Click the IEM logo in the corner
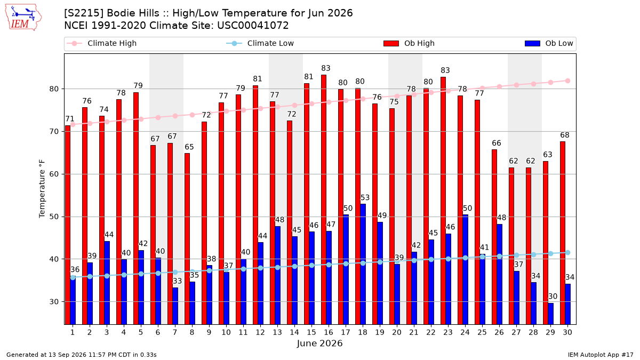[23, 18]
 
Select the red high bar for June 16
[324, 199]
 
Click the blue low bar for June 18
[363, 265]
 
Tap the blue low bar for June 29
[550, 314]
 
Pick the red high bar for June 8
[187, 239]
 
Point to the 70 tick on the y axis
[54, 132]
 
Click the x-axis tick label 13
[277, 333]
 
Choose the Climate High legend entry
[101, 43]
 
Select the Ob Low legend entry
[549, 43]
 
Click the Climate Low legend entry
[260, 43]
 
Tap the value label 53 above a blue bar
[365, 198]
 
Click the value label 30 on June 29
[553, 297]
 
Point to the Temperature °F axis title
[42, 189]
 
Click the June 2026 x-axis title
[319, 343]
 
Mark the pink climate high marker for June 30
[567, 81]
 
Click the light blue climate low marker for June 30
[567, 253]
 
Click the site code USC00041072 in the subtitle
[253, 26]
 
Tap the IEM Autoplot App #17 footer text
[601, 355]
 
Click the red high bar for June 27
[511, 246]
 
